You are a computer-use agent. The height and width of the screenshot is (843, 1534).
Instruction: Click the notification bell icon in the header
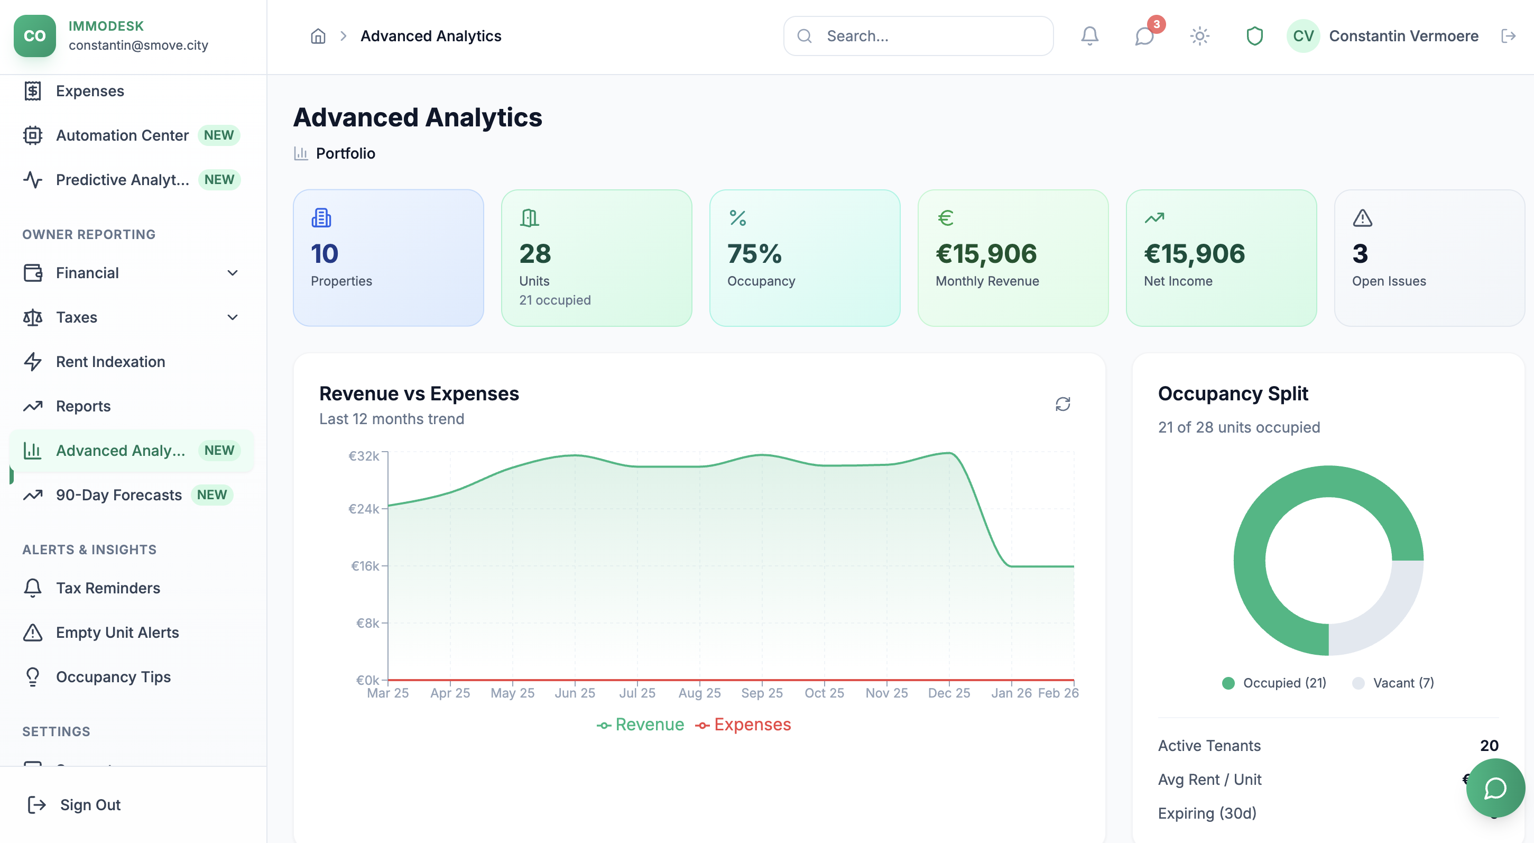1089,36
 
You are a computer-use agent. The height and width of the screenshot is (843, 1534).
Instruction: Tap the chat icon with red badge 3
1144,36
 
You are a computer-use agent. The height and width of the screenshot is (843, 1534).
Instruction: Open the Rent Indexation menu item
110,362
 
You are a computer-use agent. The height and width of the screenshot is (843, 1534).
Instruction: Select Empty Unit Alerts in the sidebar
117,632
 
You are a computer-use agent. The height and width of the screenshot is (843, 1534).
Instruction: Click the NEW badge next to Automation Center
218,135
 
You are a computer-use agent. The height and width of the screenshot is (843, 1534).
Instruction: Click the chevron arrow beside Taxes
233,317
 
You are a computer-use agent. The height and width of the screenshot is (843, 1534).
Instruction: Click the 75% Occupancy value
754,254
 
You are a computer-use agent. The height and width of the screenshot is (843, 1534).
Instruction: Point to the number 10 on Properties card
325,254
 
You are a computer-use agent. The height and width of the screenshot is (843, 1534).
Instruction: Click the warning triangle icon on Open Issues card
1362,218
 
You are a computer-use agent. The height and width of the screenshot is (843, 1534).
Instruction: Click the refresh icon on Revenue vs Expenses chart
1062,404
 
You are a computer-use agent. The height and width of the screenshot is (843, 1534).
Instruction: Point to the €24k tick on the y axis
364,509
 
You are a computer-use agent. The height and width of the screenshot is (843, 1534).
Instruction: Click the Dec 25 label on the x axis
949,693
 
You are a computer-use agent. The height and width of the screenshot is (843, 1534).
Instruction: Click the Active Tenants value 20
1489,745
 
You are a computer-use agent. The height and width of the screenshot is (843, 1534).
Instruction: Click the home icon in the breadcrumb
318,36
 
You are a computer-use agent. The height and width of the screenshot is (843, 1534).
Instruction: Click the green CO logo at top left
34,36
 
